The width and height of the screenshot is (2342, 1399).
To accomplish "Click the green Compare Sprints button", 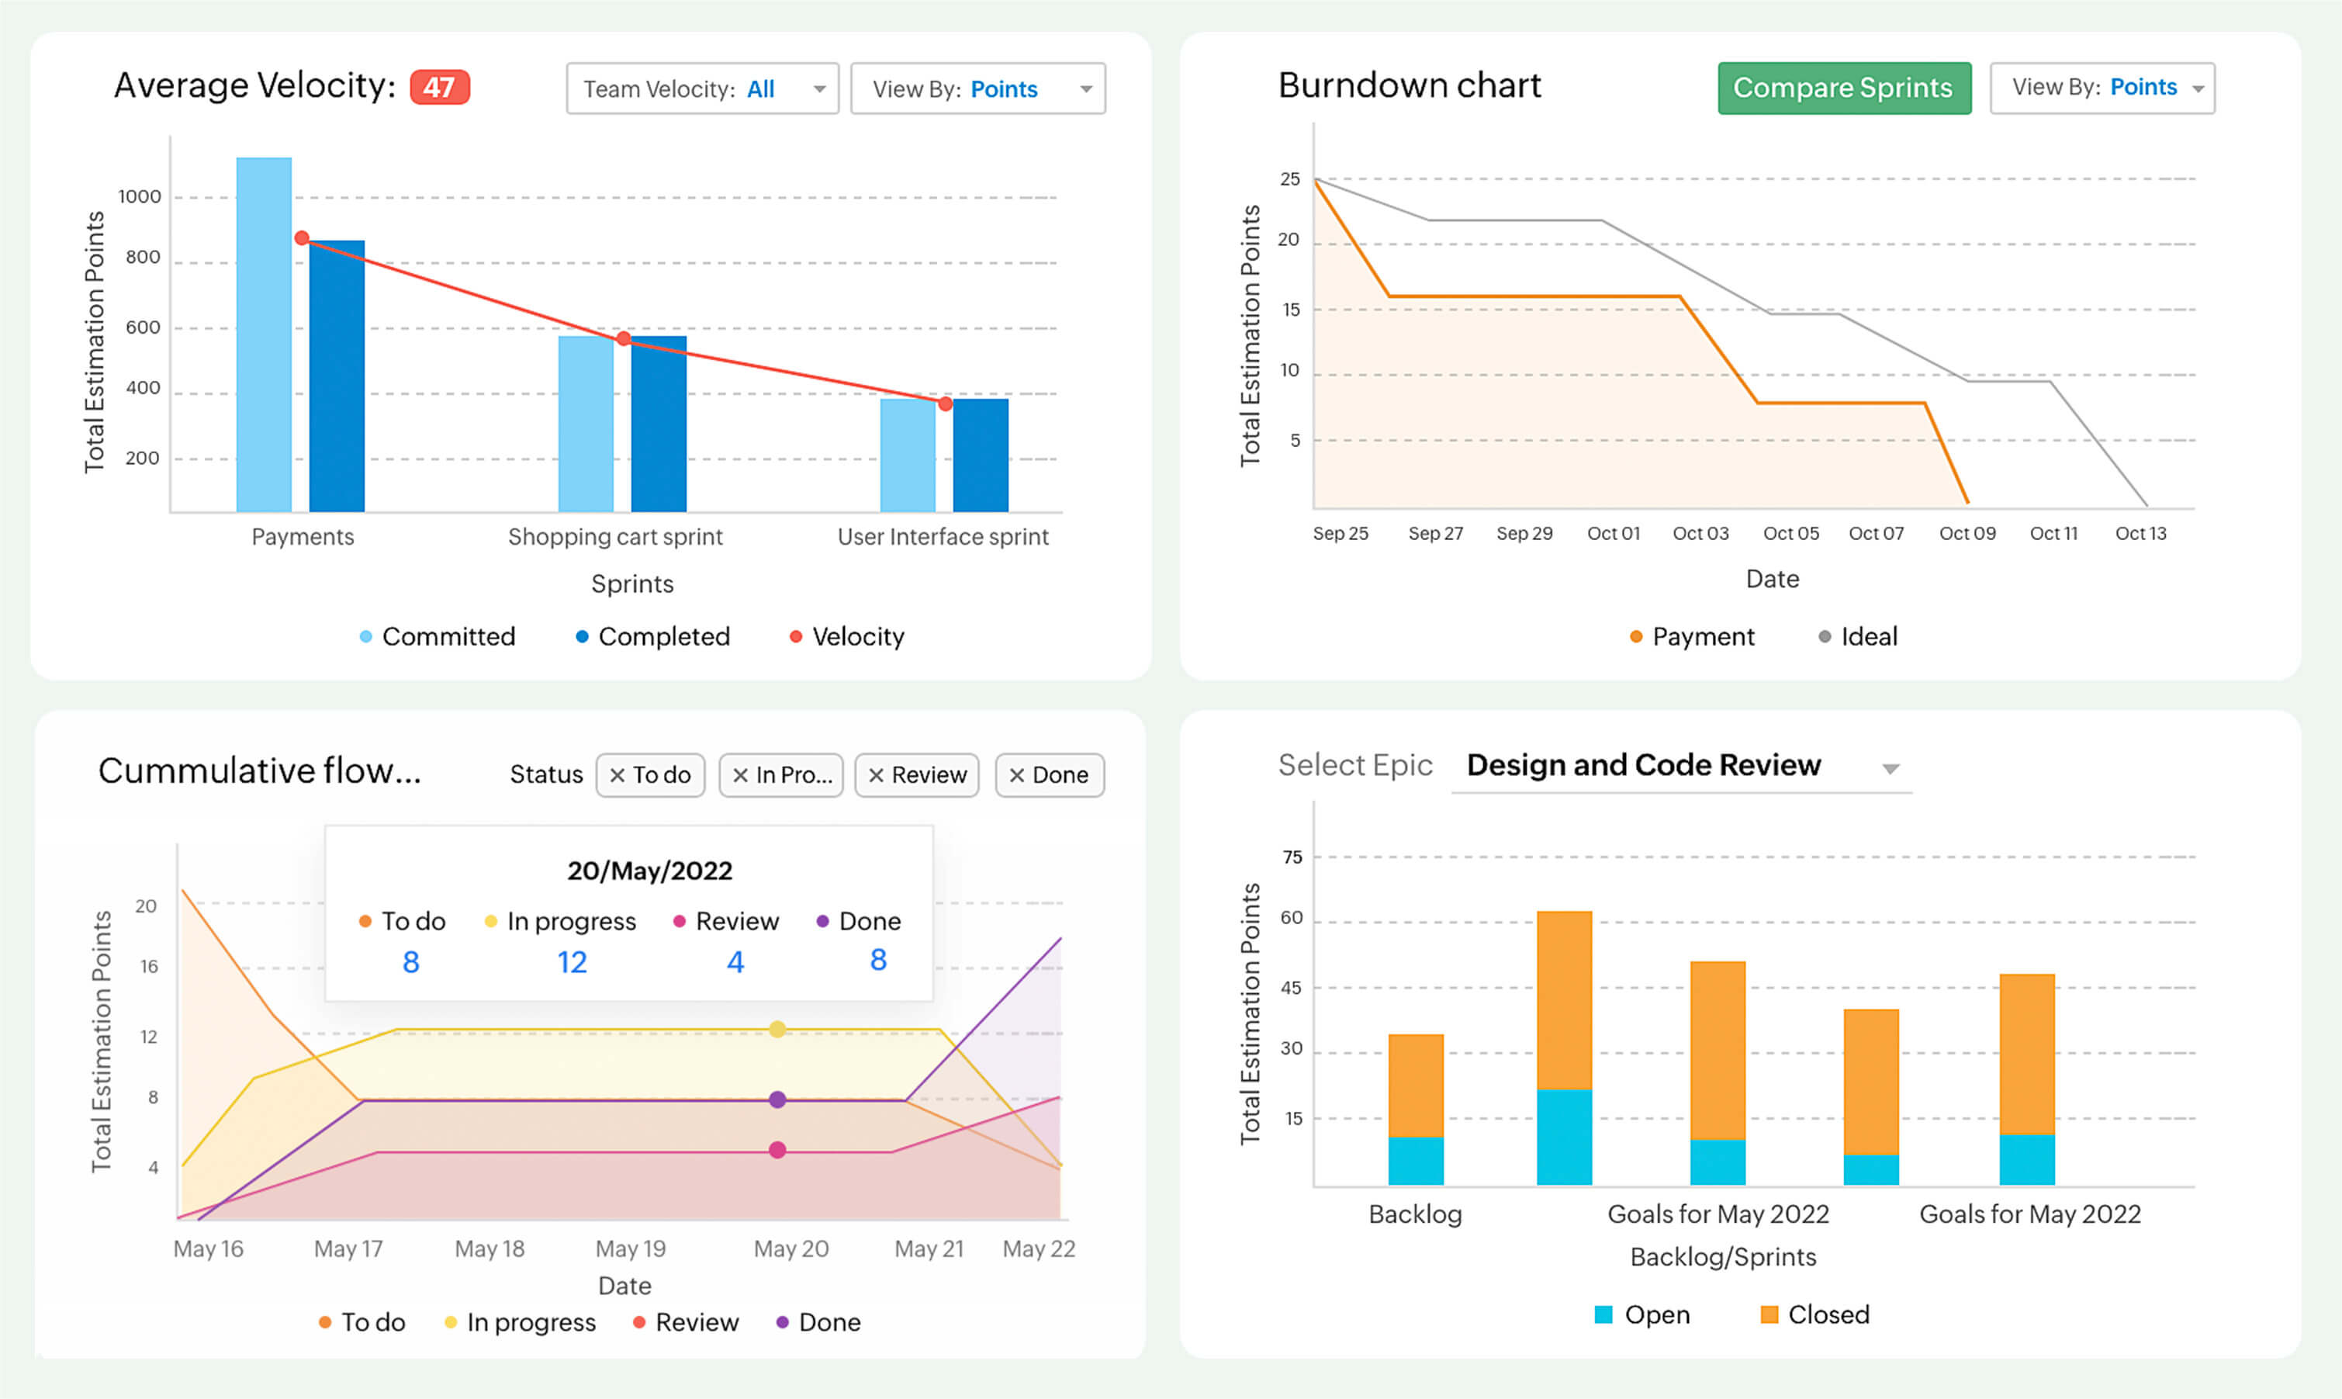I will click(x=1843, y=88).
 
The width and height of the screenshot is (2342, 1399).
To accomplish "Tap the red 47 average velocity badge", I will click(x=439, y=88).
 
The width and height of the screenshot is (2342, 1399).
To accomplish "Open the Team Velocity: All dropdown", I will click(x=702, y=88).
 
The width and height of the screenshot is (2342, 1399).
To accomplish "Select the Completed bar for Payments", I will click(x=337, y=377).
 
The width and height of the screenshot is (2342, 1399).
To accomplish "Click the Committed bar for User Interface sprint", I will click(x=908, y=455).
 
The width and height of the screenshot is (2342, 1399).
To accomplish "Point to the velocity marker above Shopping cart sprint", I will click(x=623, y=338).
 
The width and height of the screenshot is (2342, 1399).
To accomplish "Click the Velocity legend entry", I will click(x=846, y=636).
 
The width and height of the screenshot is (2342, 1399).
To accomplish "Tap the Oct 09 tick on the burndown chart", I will click(x=1967, y=534).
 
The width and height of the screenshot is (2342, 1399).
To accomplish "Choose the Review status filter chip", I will click(x=917, y=775).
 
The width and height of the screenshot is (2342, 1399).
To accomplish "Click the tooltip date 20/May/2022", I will click(x=649, y=870).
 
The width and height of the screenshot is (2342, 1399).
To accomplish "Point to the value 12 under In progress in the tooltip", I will click(x=571, y=961).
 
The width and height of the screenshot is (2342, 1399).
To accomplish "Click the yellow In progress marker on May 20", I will click(x=777, y=1030).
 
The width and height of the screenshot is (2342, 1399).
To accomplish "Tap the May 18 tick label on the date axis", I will click(x=490, y=1248).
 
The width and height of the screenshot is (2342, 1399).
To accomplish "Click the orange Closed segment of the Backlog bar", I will click(x=1416, y=1086).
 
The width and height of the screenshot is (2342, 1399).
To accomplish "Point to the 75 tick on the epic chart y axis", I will click(x=1292, y=857).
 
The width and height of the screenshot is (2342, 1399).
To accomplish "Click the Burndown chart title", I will click(x=1409, y=86).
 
